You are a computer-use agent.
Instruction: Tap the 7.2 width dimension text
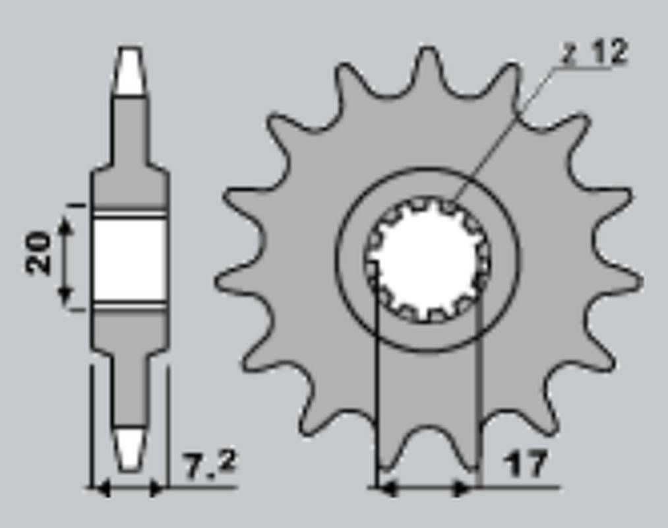pyautogui.click(x=208, y=465)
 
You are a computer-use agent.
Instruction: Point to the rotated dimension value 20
pyautogui.click(x=39, y=252)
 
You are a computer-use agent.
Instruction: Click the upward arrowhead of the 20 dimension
pyautogui.click(x=65, y=226)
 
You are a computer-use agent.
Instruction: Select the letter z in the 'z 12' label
pyautogui.click(x=568, y=54)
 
